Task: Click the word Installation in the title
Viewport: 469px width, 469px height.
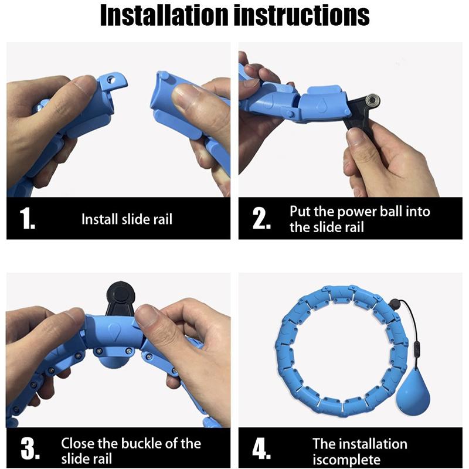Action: coord(164,15)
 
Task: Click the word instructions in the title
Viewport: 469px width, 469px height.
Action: coord(301,15)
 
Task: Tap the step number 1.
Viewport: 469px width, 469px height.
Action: coord(27,218)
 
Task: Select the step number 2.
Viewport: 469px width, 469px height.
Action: coord(261,218)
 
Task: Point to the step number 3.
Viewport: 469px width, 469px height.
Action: coord(30,448)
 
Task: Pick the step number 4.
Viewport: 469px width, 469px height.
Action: coord(261,448)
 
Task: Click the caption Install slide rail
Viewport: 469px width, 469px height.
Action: coord(127,219)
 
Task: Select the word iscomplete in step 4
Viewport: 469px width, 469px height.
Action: coord(346,460)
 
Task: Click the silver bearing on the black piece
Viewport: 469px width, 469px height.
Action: coord(373,100)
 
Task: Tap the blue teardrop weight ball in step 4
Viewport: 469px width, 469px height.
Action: coord(413,395)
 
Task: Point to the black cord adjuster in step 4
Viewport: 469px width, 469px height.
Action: coord(416,349)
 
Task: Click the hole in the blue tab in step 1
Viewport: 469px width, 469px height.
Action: coord(112,79)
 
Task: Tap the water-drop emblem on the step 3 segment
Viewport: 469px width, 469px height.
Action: coord(114,331)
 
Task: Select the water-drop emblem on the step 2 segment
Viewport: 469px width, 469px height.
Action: coord(321,104)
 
